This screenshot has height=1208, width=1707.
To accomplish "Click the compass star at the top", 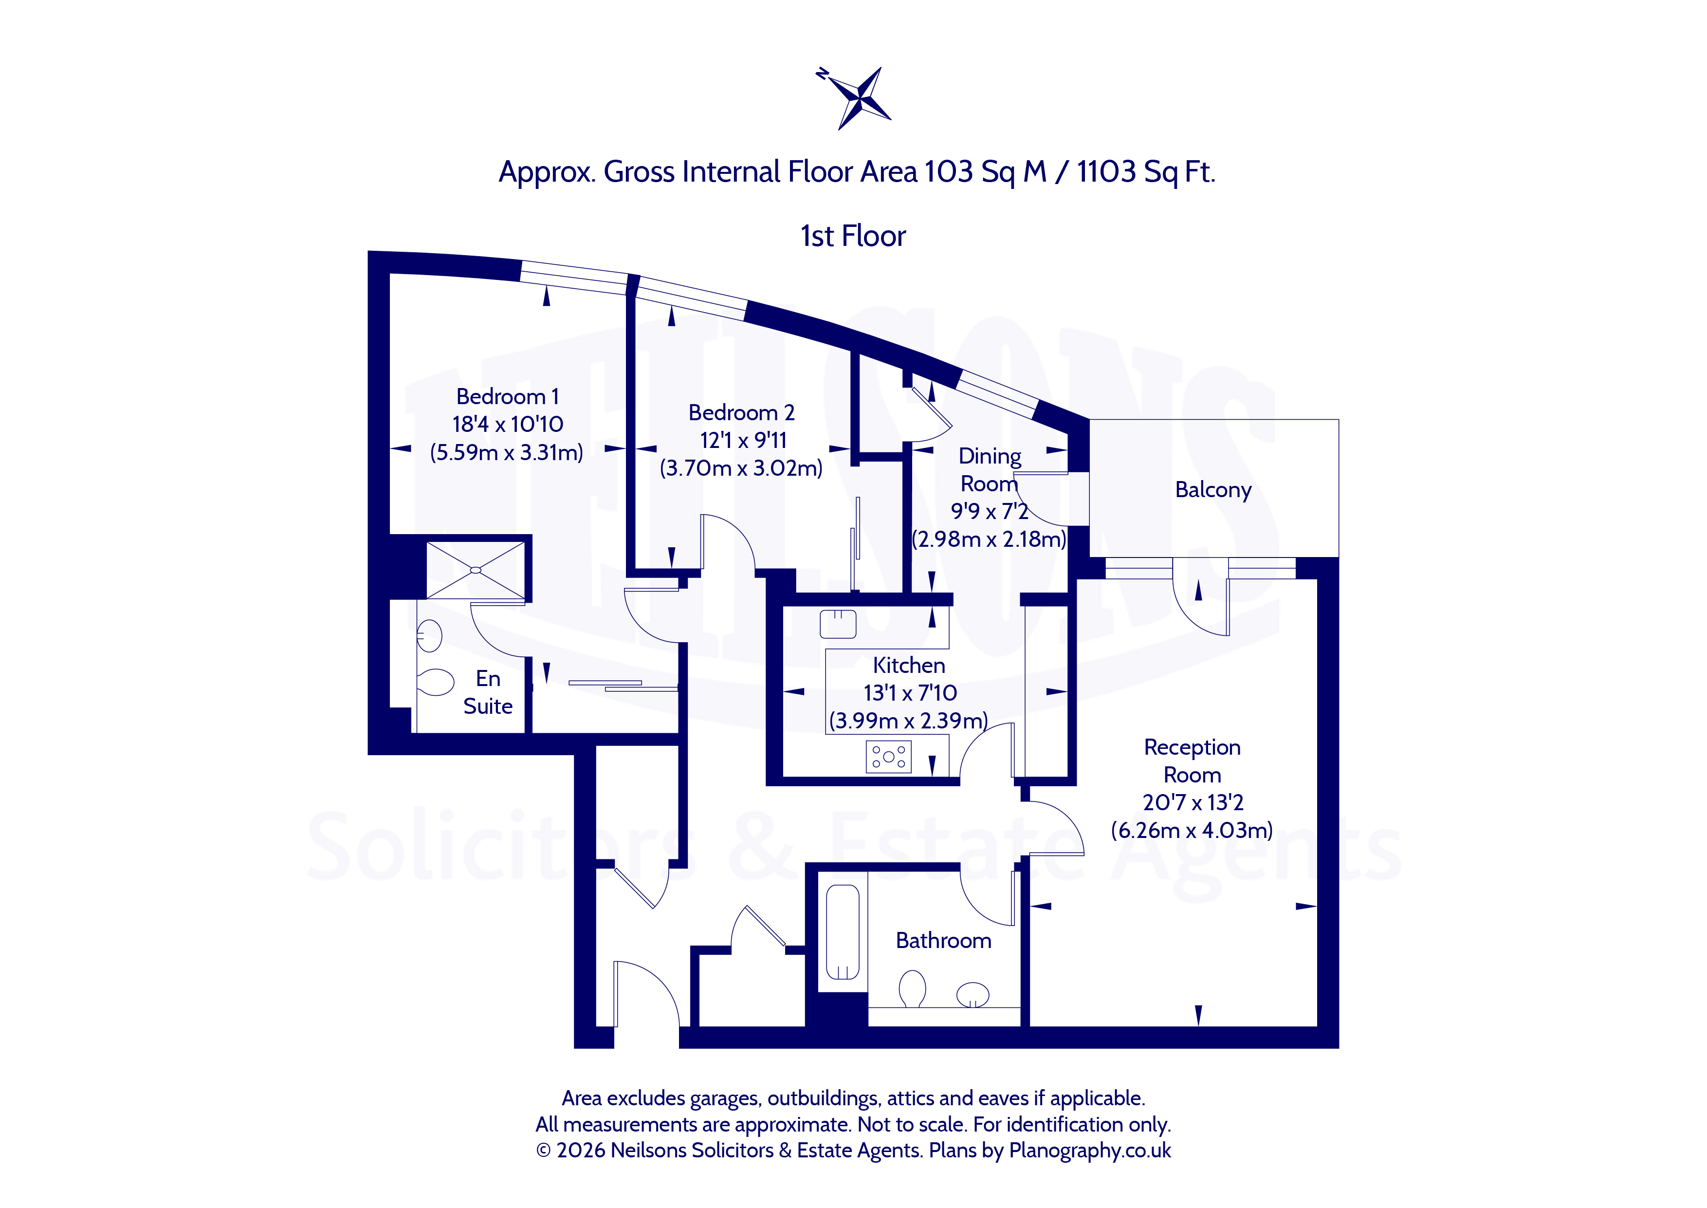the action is point(859,97).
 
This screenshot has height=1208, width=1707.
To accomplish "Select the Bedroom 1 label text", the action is point(508,396).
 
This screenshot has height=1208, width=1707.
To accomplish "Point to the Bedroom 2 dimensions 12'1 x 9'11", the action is point(743,440).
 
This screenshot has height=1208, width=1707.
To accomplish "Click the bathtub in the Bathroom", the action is point(843,932).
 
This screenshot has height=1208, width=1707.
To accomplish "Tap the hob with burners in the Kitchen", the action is point(888,757).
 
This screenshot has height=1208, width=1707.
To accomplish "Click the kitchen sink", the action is point(838,623).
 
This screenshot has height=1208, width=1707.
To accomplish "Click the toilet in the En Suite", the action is point(436,681).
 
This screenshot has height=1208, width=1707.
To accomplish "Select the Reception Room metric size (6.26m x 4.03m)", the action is point(1192,830).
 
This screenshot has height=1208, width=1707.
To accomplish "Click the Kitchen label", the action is point(909,665).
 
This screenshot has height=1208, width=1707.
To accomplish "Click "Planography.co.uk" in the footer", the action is point(1090,1151).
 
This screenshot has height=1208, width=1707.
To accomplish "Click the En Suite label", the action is point(488,692).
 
